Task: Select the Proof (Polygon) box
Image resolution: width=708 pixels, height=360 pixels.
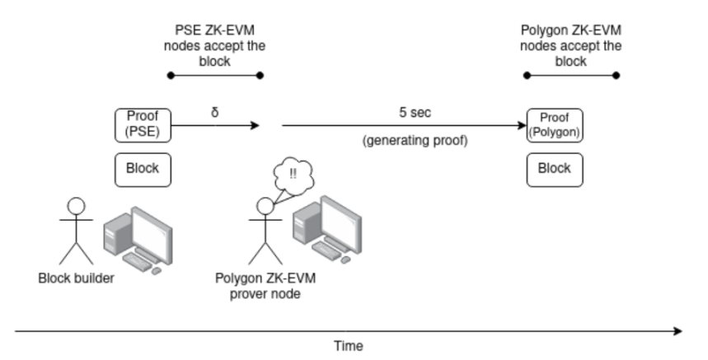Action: (554, 125)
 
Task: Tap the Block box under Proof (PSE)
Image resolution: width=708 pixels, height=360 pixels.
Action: (142, 168)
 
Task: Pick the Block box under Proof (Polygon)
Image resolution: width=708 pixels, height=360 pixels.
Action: (554, 168)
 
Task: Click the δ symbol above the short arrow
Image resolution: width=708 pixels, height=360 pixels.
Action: (214, 111)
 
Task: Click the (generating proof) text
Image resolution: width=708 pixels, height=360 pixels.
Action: (415, 141)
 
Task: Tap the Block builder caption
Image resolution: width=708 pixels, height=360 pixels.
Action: (77, 278)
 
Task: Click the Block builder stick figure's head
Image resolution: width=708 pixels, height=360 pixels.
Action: (76, 205)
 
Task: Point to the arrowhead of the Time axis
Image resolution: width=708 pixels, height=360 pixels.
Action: (678, 331)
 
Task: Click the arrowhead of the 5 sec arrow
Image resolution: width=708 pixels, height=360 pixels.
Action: (521, 126)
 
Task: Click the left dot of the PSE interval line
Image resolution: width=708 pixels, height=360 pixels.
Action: (170, 76)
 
